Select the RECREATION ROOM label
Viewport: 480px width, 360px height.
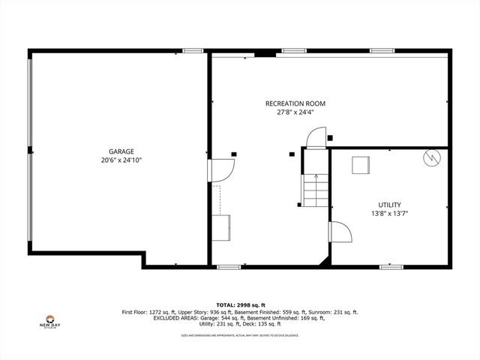click(295, 103)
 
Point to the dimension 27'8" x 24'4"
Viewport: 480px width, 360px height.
click(295, 112)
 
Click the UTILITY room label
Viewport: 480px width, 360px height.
click(389, 205)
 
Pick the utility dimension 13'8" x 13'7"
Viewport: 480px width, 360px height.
click(389, 214)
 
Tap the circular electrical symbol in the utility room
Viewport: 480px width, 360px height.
click(431, 158)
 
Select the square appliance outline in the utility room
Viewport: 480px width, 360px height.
click(362, 164)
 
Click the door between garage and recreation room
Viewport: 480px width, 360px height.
click(220, 171)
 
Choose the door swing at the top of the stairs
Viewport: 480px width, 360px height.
click(316, 137)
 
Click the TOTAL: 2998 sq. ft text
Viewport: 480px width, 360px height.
click(239, 305)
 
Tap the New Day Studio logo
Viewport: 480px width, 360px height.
click(49, 321)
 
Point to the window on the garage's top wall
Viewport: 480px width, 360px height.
click(193, 51)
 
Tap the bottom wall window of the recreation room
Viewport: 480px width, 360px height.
click(229, 266)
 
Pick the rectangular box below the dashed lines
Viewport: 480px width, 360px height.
click(221, 227)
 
